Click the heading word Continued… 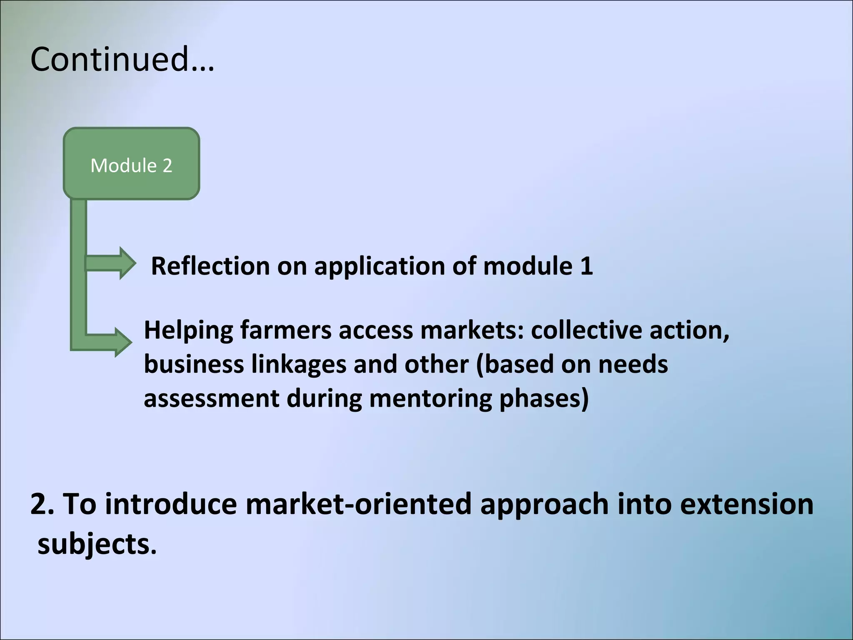coord(122,59)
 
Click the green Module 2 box coord(131,164)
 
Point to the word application coord(379,267)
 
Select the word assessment coord(211,399)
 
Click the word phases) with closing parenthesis coord(544,399)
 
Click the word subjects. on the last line coord(97,544)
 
